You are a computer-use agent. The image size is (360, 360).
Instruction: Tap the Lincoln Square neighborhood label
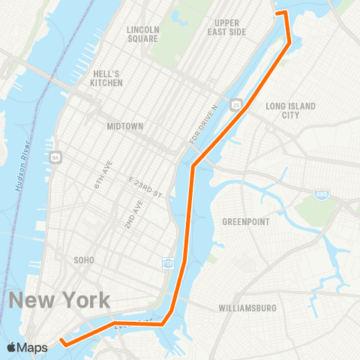click(x=142, y=34)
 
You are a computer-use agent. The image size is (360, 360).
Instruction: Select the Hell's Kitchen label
click(x=106, y=78)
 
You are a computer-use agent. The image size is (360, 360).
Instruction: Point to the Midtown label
click(x=124, y=126)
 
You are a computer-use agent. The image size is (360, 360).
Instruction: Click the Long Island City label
click(x=291, y=110)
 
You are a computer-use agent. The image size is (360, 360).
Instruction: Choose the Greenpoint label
click(x=245, y=222)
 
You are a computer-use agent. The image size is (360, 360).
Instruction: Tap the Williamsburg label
click(x=247, y=308)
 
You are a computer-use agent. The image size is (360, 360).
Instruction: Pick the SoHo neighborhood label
click(x=84, y=260)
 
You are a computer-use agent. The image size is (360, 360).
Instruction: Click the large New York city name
click(x=60, y=301)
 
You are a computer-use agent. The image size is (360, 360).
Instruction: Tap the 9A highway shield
click(x=56, y=157)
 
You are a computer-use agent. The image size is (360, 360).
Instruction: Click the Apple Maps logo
click(x=27, y=347)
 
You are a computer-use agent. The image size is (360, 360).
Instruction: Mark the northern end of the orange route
click(x=278, y=13)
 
